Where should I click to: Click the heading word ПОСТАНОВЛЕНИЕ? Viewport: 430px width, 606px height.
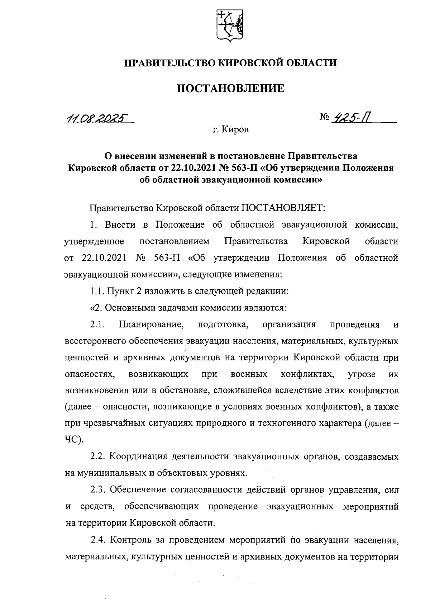pos(231,88)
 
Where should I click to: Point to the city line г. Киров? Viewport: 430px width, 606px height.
pos(230,129)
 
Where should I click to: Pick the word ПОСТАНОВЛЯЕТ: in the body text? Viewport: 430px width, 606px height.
pos(283,208)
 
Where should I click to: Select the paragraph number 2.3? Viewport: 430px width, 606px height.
pos(97,489)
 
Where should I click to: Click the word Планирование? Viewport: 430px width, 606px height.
pos(151,325)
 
